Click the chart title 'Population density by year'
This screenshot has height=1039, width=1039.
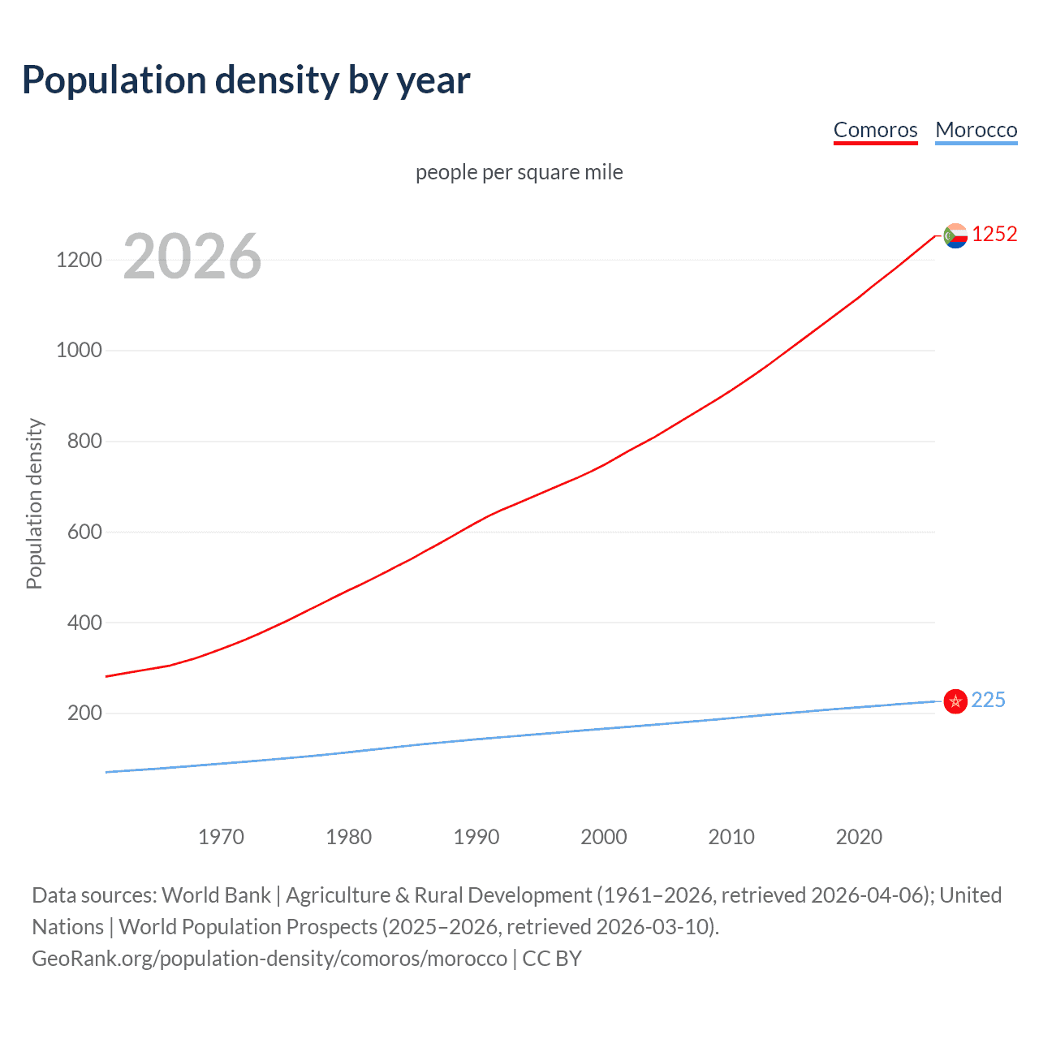click(x=246, y=80)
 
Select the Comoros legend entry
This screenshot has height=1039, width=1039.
click(x=875, y=130)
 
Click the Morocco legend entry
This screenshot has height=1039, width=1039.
click(x=976, y=130)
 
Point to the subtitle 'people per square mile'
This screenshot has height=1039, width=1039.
click(x=519, y=172)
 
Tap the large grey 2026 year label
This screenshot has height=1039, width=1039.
click(x=192, y=257)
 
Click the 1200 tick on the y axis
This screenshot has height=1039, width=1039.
click(x=79, y=260)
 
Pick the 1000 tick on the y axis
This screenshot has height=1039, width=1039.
click(x=79, y=351)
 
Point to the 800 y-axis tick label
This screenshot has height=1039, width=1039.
click(x=84, y=442)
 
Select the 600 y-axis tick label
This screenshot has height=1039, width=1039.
click(x=84, y=532)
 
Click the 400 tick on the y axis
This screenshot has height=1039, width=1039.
click(x=84, y=623)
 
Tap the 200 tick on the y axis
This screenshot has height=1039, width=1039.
click(x=84, y=714)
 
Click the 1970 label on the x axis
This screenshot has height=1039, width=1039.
click(x=221, y=837)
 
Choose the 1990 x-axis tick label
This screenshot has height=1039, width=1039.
click(x=476, y=837)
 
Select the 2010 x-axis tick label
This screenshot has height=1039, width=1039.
click(x=731, y=837)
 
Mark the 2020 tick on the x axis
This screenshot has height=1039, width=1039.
click(x=859, y=837)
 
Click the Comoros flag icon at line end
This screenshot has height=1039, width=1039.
click(x=955, y=235)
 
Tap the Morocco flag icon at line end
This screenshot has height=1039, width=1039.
click(x=955, y=701)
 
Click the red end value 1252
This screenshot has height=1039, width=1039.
click(x=994, y=235)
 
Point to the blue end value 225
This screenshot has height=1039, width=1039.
click(x=988, y=701)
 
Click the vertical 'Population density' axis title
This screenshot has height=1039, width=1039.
click(x=34, y=503)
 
